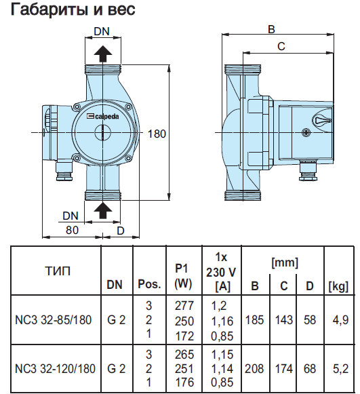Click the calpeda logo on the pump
(103, 116)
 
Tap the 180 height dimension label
(157, 134)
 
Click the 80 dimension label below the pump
(72, 230)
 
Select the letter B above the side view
(271, 29)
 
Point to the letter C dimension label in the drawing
(281, 46)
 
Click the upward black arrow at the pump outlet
(103, 54)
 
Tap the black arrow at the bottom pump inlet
(103, 211)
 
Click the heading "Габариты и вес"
(73, 9)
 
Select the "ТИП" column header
(58, 271)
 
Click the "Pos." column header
(149, 284)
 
